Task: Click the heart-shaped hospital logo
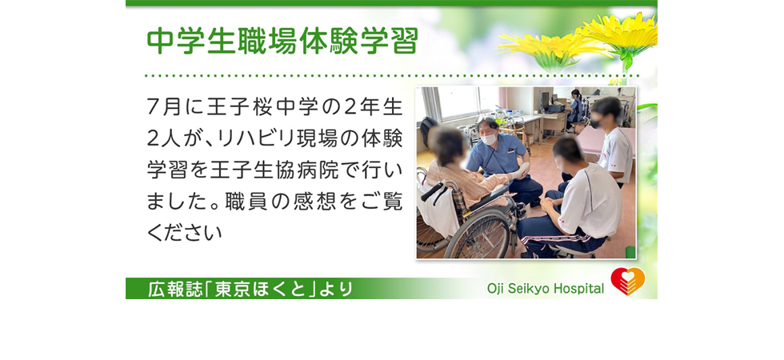[x=628, y=281]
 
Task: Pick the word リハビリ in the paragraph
[x=241, y=139]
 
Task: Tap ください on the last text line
[x=185, y=233]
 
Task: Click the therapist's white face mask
[x=489, y=138]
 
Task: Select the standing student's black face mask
[x=597, y=123]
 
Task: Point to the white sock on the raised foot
[x=520, y=170]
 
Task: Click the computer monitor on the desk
[x=546, y=100]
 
